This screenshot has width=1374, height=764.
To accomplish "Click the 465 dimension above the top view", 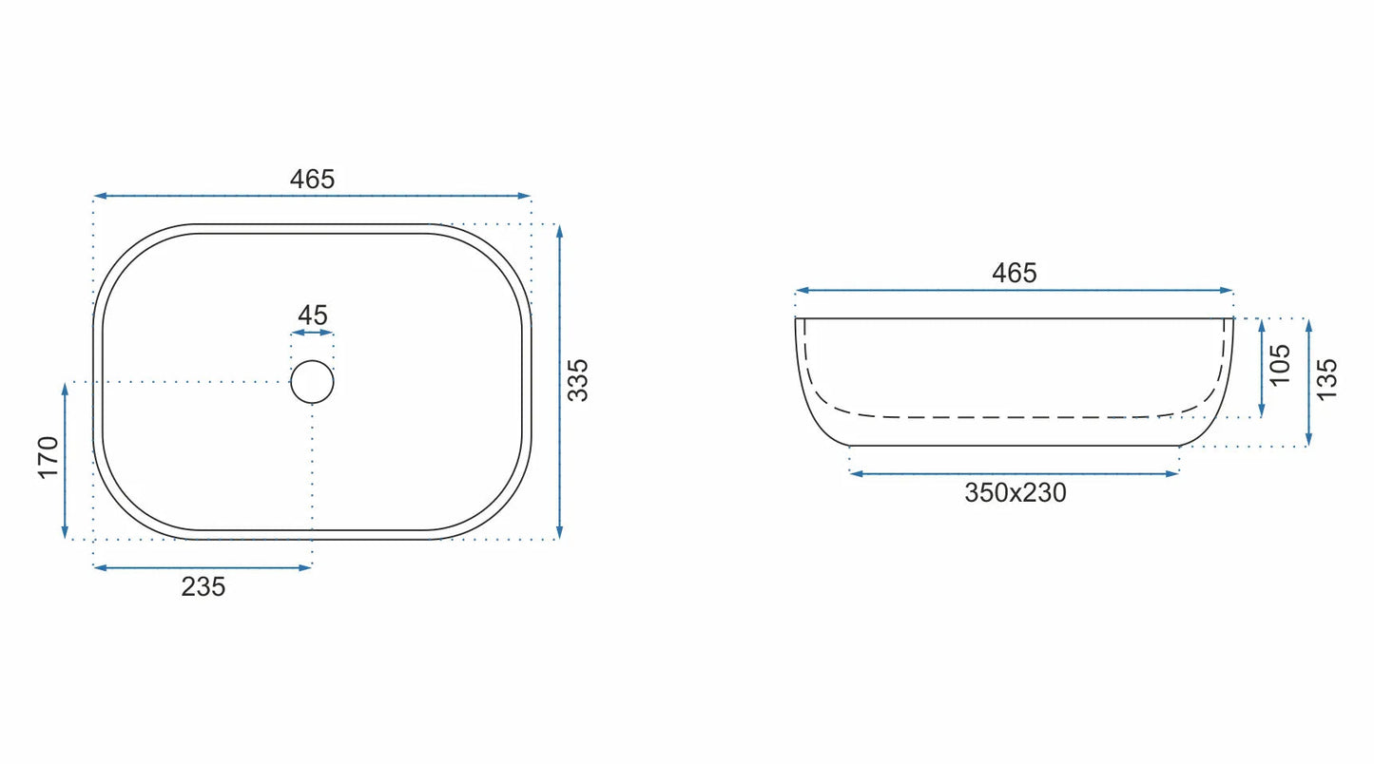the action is [312, 179].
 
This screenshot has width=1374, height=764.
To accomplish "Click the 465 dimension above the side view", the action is [1015, 273].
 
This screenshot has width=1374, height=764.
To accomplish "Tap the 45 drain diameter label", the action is [313, 315].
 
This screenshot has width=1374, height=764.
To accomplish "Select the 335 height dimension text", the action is [578, 380].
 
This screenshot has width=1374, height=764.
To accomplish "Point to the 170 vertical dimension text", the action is [48, 458].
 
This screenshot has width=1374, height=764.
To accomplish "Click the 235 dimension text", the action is [203, 587].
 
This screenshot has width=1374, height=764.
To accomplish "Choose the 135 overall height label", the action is [1326, 380].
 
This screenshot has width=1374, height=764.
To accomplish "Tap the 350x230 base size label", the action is [1016, 492].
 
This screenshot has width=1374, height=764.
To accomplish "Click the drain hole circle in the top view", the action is [312, 361].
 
